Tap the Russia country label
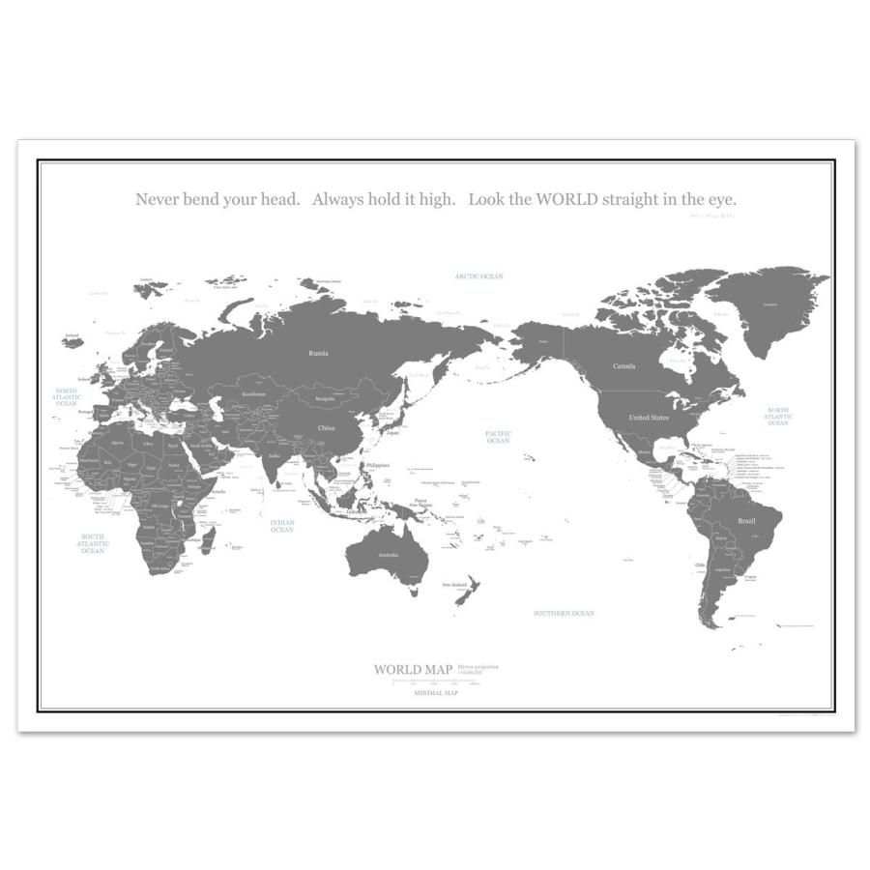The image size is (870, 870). pyautogui.click(x=318, y=353)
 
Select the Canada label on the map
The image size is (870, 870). pyautogui.click(x=623, y=366)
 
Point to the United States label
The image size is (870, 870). pyautogui.click(x=649, y=418)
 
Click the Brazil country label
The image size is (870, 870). pyautogui.click(x=745, y=521)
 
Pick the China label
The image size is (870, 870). pyautogui.click(x=326, y=426)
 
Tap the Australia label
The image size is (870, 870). pyautogui.click(x=388, y=555)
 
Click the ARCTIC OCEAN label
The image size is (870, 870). pyautogui.click(x=479, y=276)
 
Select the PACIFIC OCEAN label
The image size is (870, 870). pyautogui.click(x=498, y=437)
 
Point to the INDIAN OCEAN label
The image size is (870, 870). pyautogui.click(x=282, y=525)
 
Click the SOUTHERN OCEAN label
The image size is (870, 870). pyautogui.click(x=565, y=613)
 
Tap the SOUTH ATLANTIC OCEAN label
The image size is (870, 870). pyautogui.click(x=93, y=543)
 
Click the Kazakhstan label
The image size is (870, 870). pyautogui.click(x=254, y=393)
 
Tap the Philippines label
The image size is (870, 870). pyautogui.click(x=377, y=465)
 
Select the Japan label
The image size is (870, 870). pyautogui.click(x=391, y=433)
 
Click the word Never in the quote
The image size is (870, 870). pyautogui.click(x=158, y=199)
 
